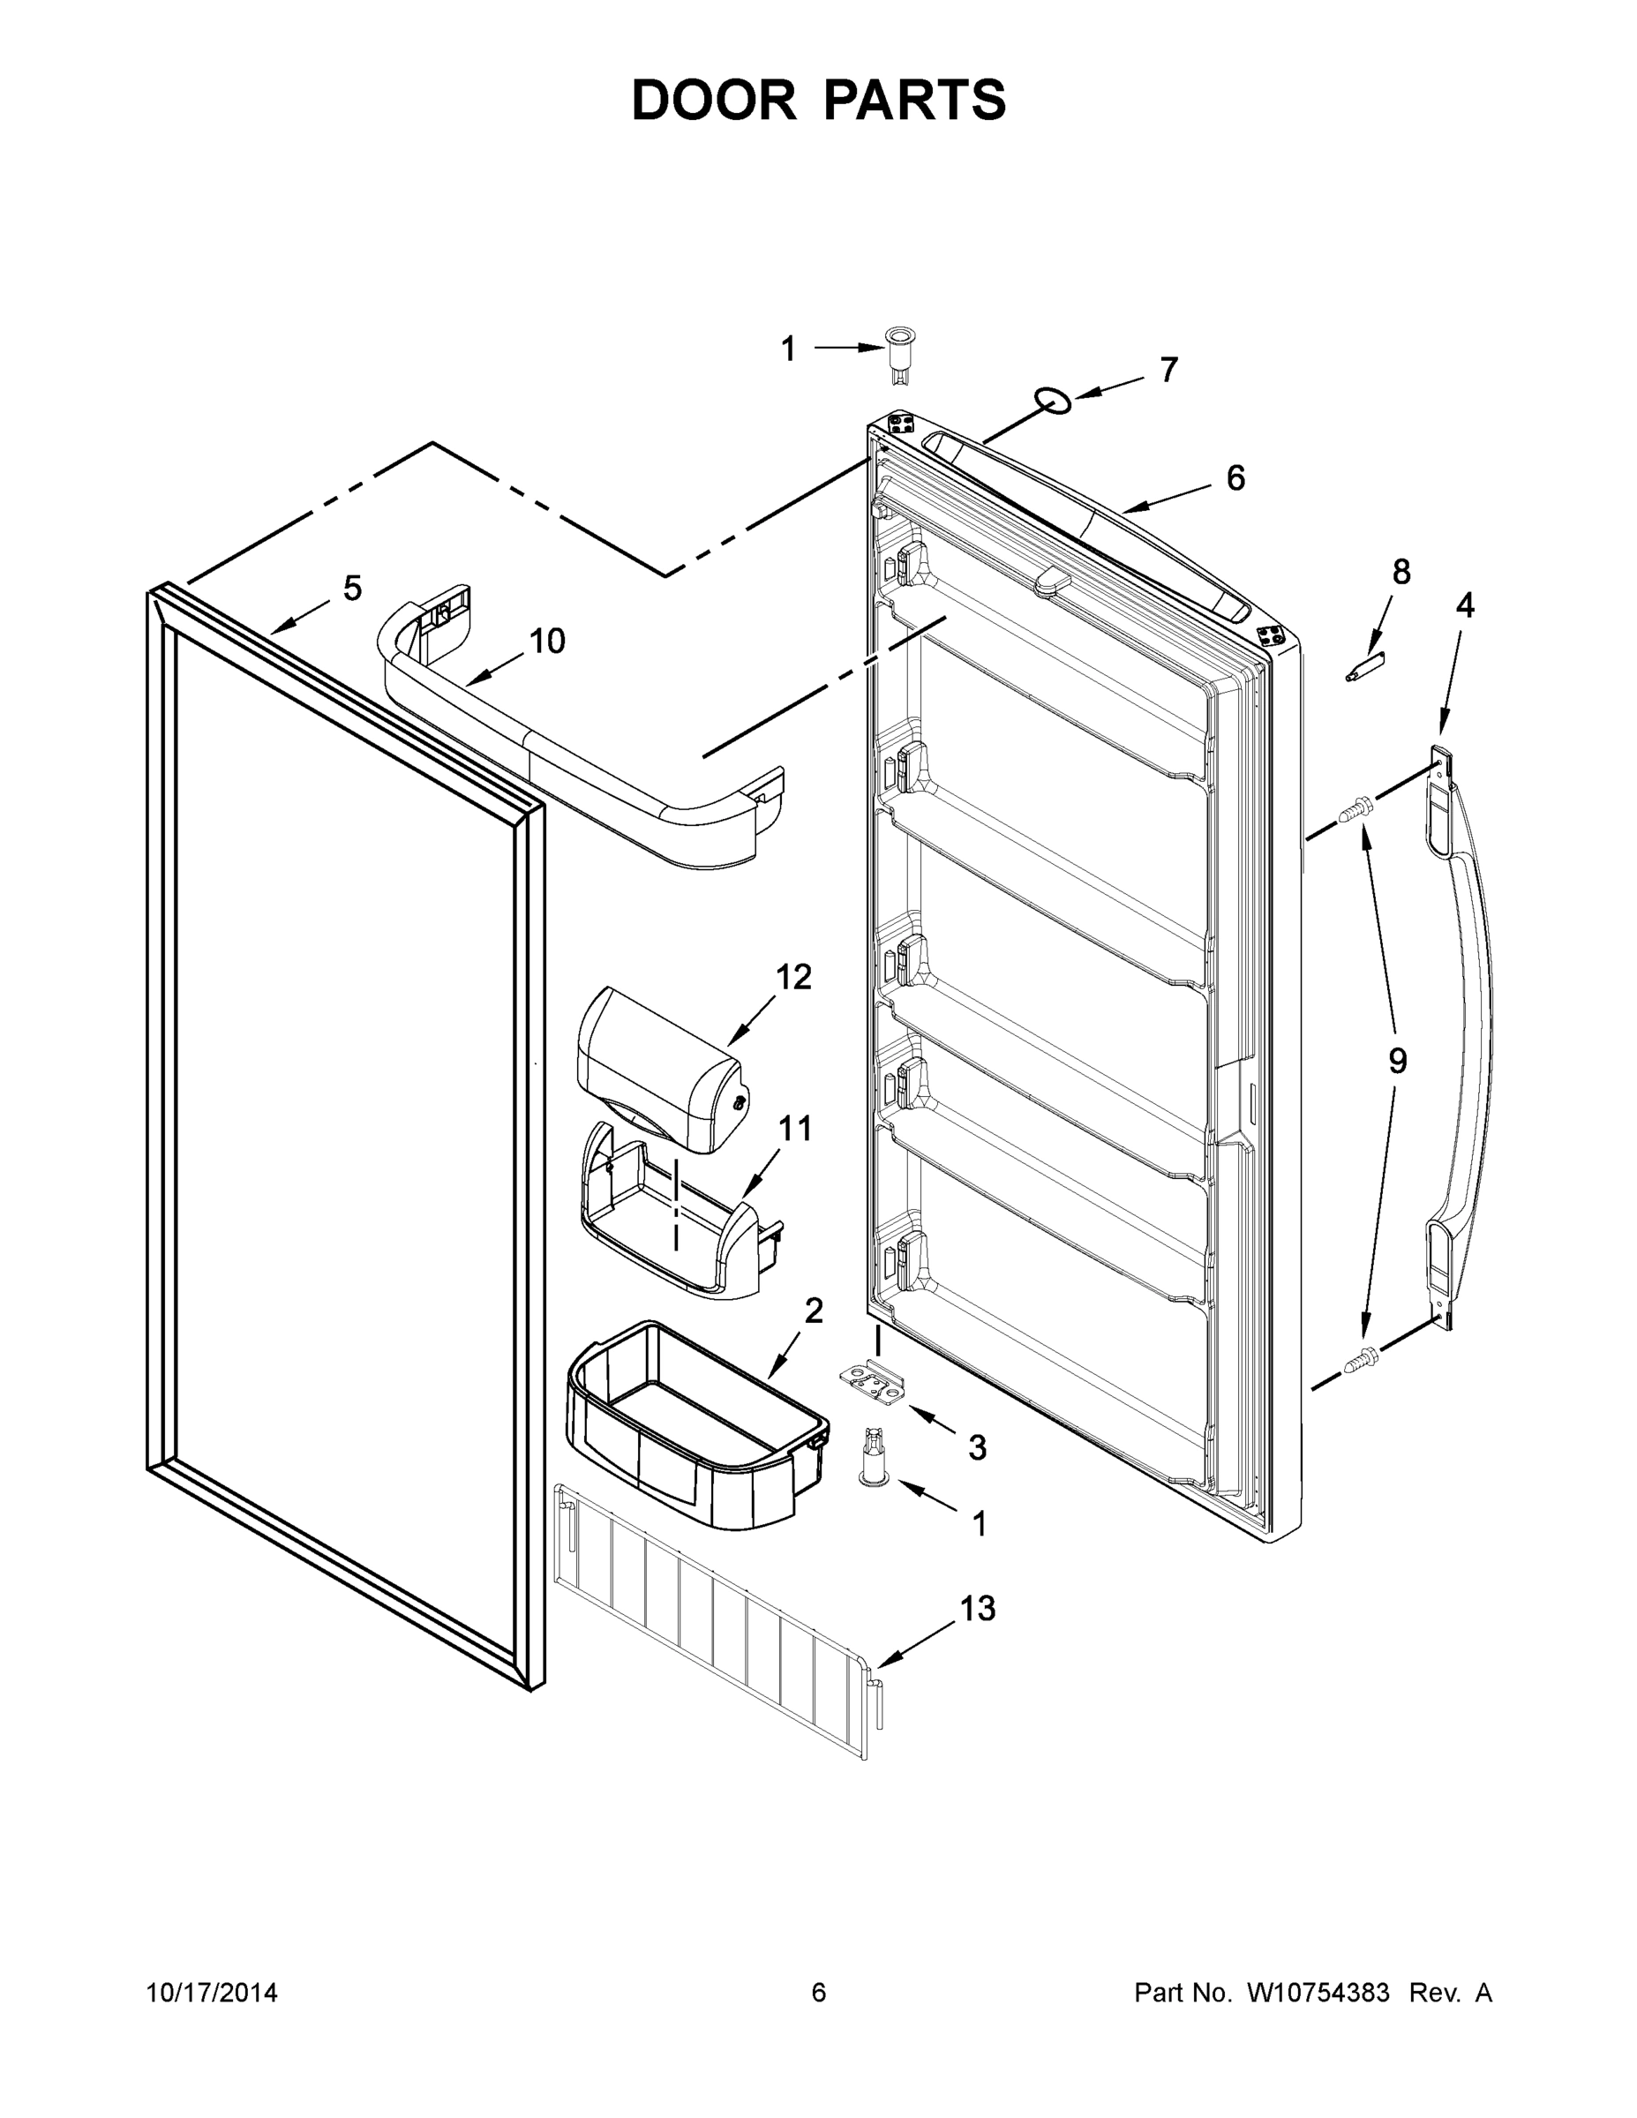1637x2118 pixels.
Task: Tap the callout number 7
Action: coord(1168,370)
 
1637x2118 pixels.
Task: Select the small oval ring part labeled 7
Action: coord(1053,400)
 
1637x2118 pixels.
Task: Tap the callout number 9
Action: coord(1396,1061)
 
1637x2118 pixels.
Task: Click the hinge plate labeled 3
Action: coord(873,1382)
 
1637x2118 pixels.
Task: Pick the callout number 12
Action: coord(793,977)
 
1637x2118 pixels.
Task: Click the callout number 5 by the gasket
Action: coord(352,588)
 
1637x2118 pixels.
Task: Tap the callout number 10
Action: coord(547,640)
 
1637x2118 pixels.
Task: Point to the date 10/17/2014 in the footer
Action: coord(213,1992)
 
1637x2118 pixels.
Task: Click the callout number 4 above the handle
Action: coord(1464,605)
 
